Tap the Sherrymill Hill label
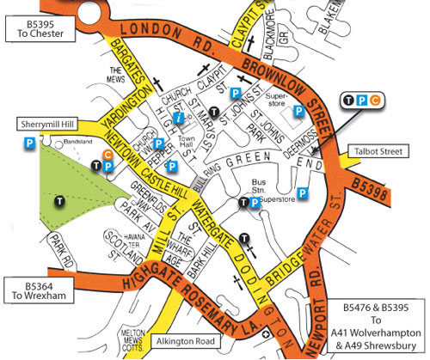point(40,124)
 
